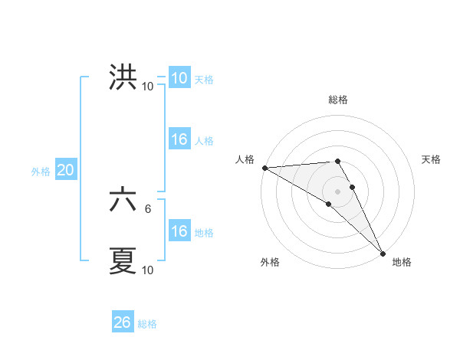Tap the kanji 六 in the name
tap(123, 201)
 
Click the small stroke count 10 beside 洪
tap(147, 86)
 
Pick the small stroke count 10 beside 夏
tap(147, 270)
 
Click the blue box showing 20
tap(65, 171)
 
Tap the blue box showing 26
tap(123, 322)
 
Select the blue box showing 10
tap(179, 78)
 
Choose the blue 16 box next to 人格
tap(179, 139)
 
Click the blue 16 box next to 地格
tap(179, 231)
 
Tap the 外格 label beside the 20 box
tap(41, 172)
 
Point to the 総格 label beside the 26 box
tap(148, 324)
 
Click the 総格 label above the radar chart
tap(338, 100)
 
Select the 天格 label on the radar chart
tap(432, 159)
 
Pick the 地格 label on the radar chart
tap(402, 262)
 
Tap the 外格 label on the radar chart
tap(270, 262)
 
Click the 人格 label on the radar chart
tap(245, 159)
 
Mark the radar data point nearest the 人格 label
tap(264, 168)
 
